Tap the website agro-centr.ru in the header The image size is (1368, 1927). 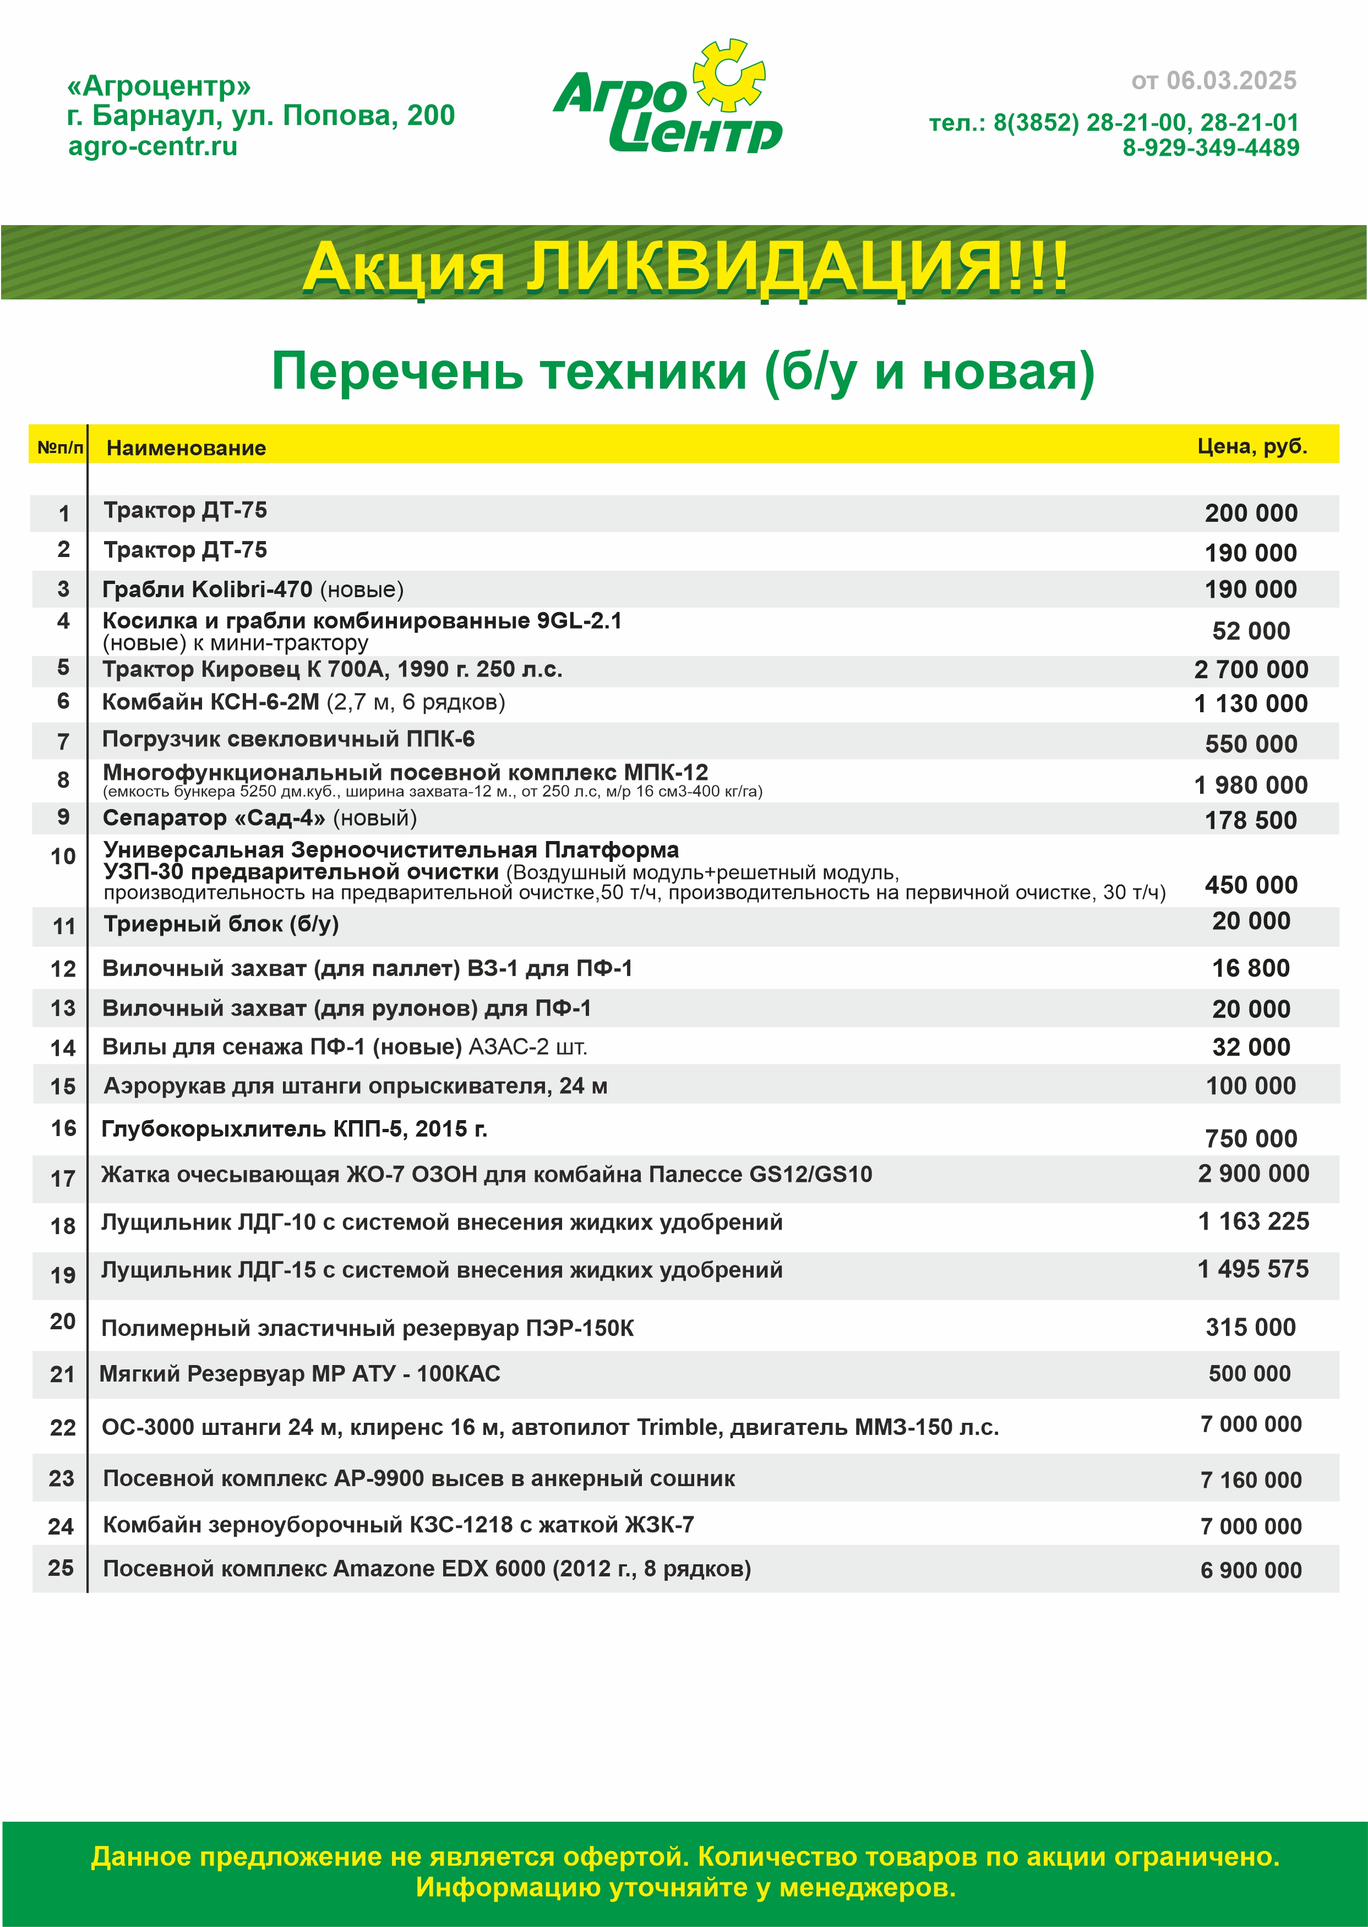pyautogui.click(x=152, y=146)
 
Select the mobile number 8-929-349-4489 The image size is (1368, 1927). pyautogui.click(x=1211, y=148)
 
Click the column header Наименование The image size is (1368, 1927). pyautogui.click(x=186, y=448)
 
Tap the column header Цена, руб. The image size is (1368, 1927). pyautogui.click(x=1252, y=446)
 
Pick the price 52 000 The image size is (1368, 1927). pyautogui.click(x=1251, y=631)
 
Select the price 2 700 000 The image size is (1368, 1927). pyautogui.click(x=1251, y=669)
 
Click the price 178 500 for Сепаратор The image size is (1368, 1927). pyautogui.click(x=1251, y=820)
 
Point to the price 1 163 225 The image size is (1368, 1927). pyautogui.click(x=1253, y=1221)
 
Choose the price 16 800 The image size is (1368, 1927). pyautogui.click(x=1251, y=969)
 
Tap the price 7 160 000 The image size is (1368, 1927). pyautogui.click(x=1251, y=1480)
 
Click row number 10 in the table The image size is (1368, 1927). pyautogui.click(x=63, y=856)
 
